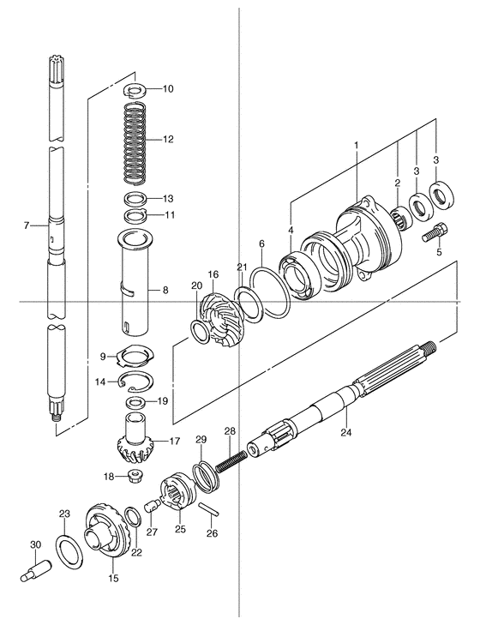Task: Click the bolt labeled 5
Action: (x=435, y=232)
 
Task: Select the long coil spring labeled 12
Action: (x=135, y=143)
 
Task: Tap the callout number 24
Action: (x=346, y=432)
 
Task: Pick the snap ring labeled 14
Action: (x=136, y=381)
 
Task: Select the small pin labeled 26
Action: (x=209, y=510)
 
